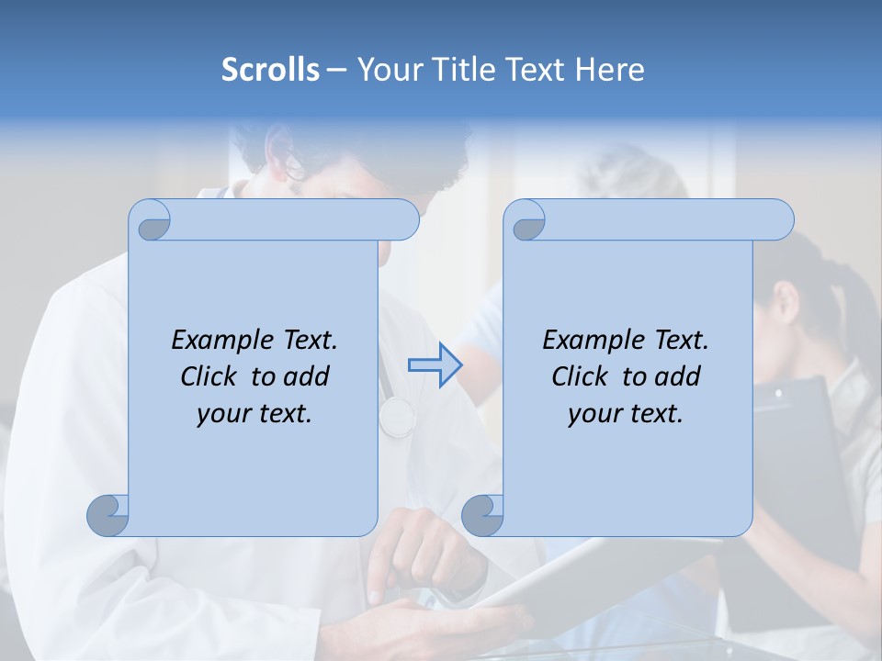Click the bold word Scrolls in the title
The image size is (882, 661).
point(270,70)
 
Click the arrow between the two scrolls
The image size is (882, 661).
point(435,365)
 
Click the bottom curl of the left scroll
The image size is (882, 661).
point(108,515)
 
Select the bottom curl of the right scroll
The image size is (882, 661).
point(482,515)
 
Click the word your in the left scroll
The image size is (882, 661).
point(221,414)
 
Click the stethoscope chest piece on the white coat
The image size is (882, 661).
point(397,416)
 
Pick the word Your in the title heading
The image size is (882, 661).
point(385,70)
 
